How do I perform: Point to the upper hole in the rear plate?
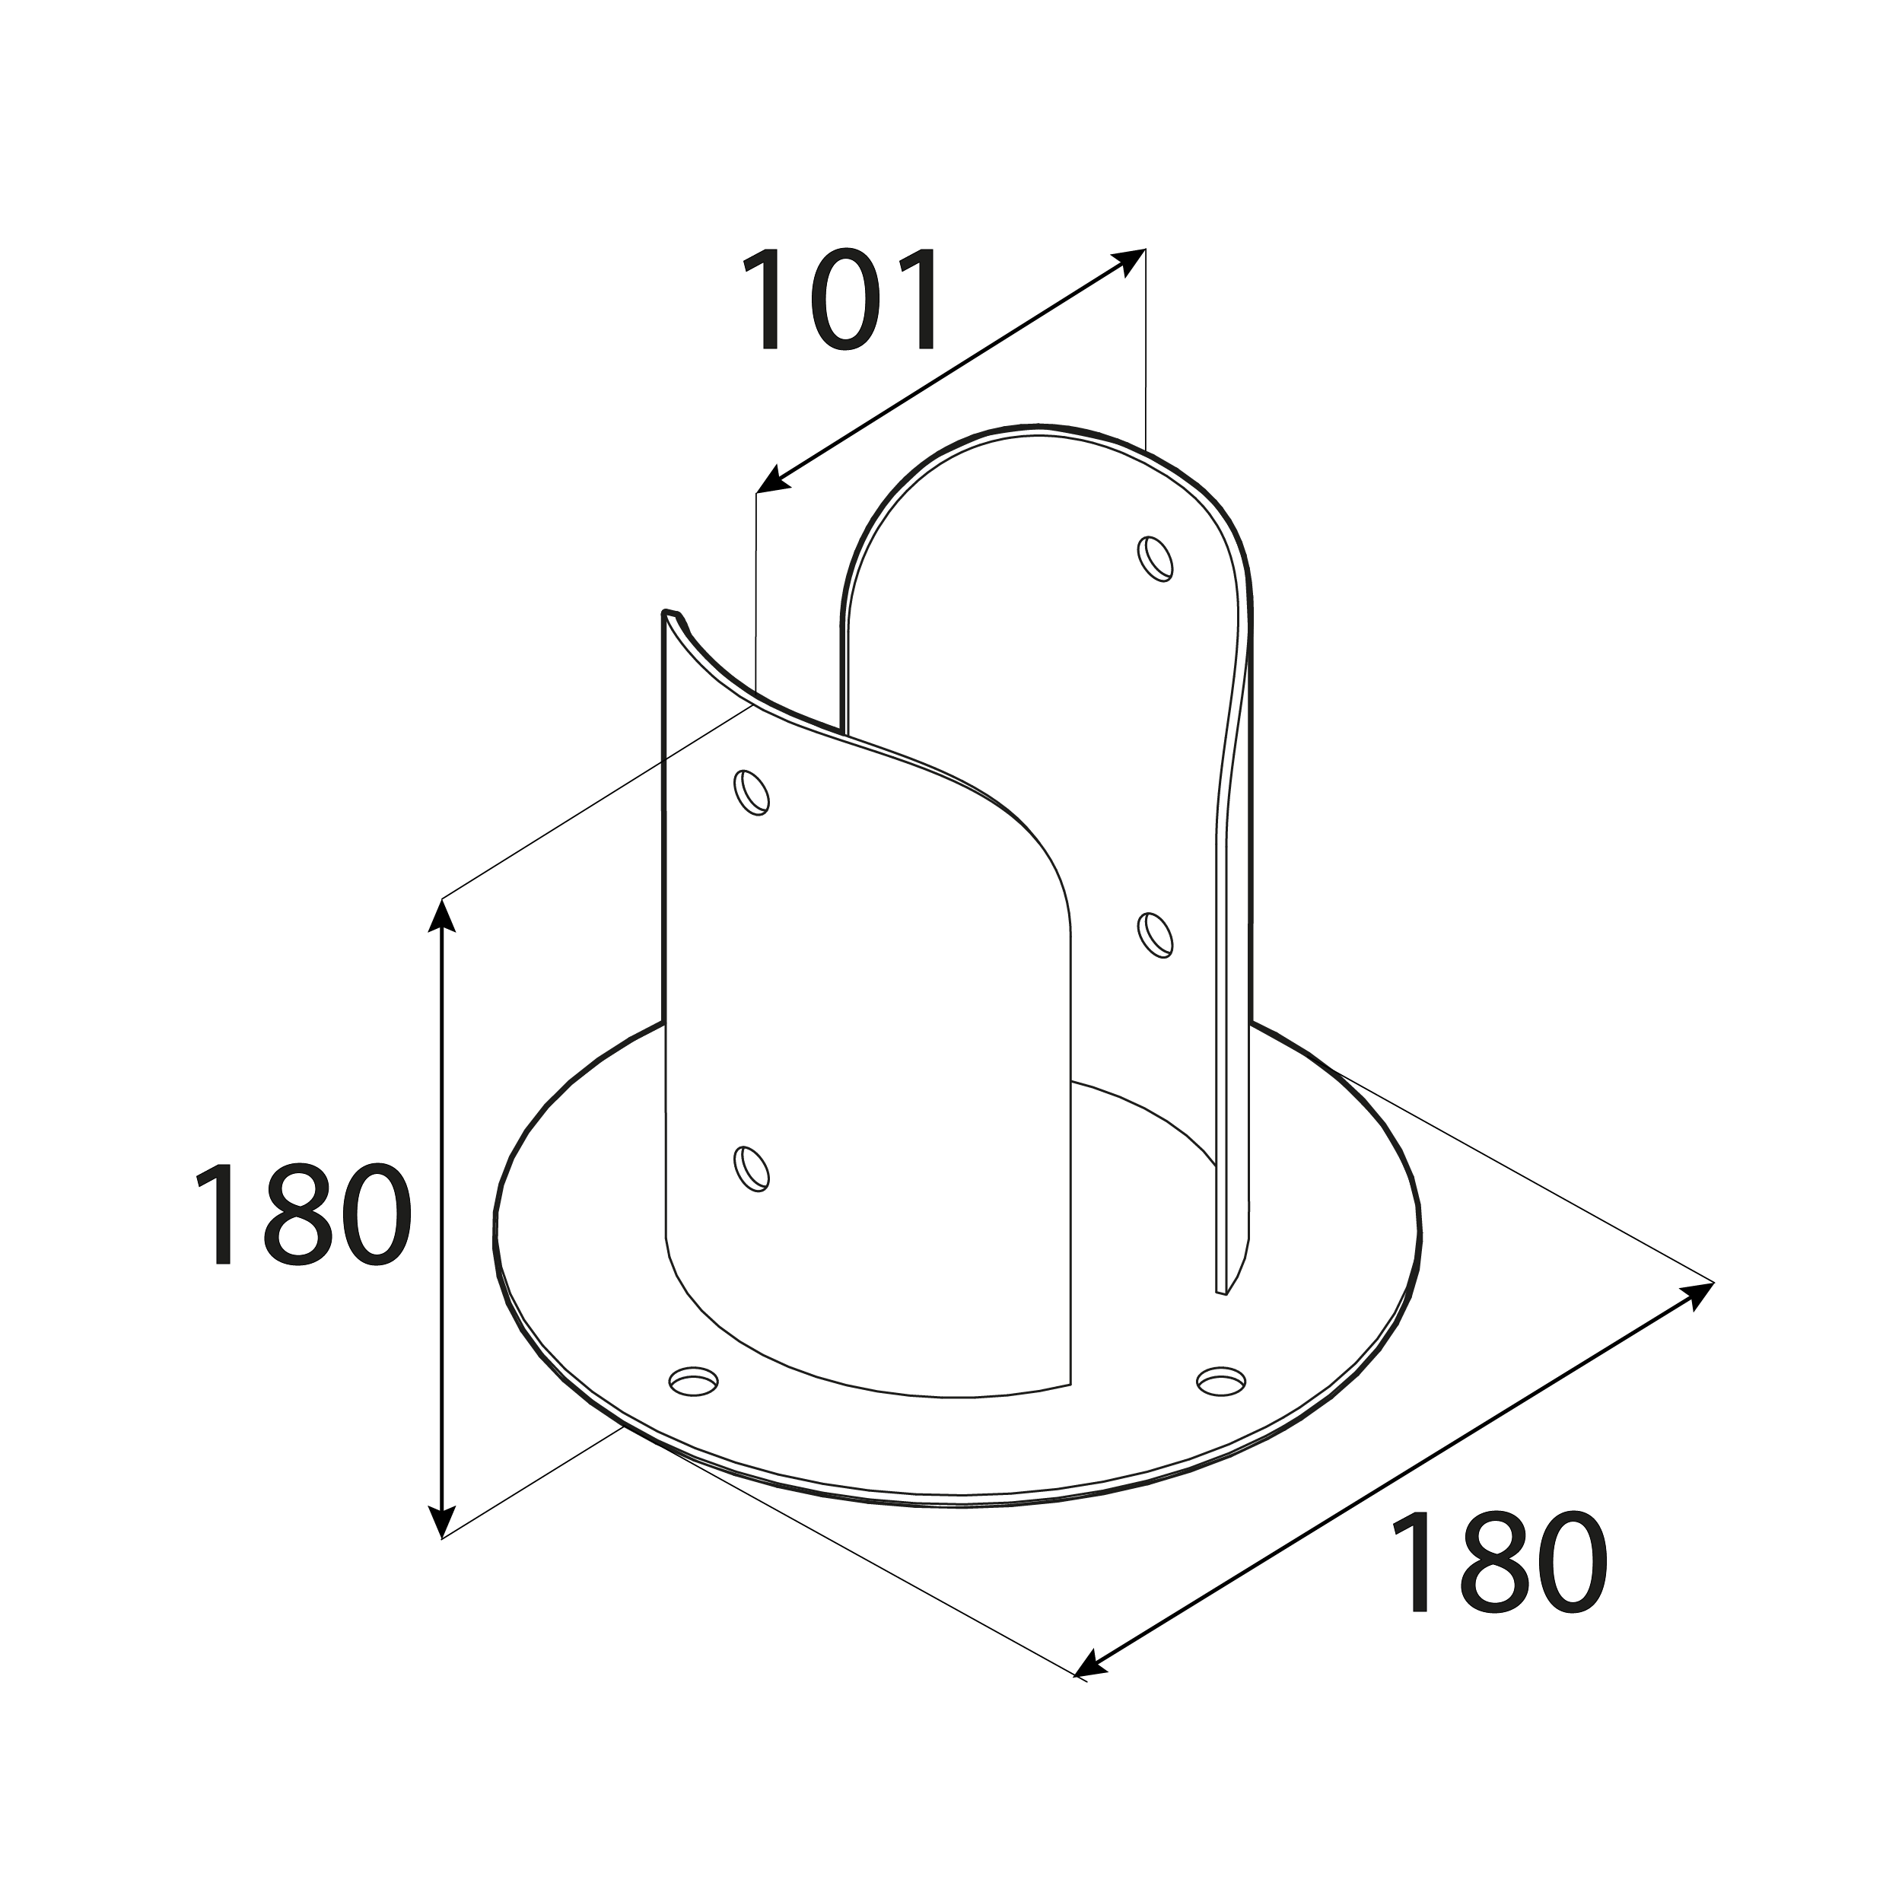point(1156,559)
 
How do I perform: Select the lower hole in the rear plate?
point(1156,935)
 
